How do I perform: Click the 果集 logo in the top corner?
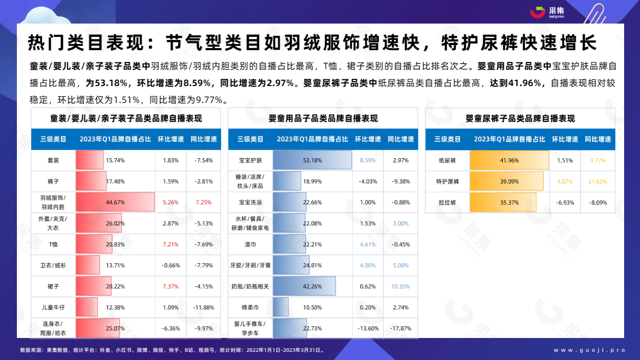click(x=547, y=12)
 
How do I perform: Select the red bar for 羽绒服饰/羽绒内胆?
click(x=115, y=202)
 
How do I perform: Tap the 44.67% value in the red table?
click(x=115, y=202)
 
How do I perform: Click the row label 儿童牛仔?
click(x=53, y=307)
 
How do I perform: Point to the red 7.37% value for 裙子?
click(x=170, y=286)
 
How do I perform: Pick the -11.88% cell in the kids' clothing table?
click(x=203, y=307)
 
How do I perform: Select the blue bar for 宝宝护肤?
click(x=312, y=160)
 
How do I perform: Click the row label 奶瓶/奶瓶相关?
click(x=250, y=286)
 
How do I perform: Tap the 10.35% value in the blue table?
click(x=400, y=286)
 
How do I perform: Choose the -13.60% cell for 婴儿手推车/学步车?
click(x=368, y=329)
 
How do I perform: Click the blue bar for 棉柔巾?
click(x=281, y=307)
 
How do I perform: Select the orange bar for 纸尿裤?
click(x=509, y=160)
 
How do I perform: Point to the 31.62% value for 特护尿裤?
click(x=598, y=181)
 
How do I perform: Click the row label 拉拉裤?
click(x=447, y=203)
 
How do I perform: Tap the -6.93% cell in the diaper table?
click(x=565, y=203)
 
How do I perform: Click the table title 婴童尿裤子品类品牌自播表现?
click(x=520, y=118)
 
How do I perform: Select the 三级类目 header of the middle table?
click(x=250, y=139)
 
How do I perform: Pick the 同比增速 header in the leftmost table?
click(x=203, y=139)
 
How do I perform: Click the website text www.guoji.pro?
click(x=590, y=350)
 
